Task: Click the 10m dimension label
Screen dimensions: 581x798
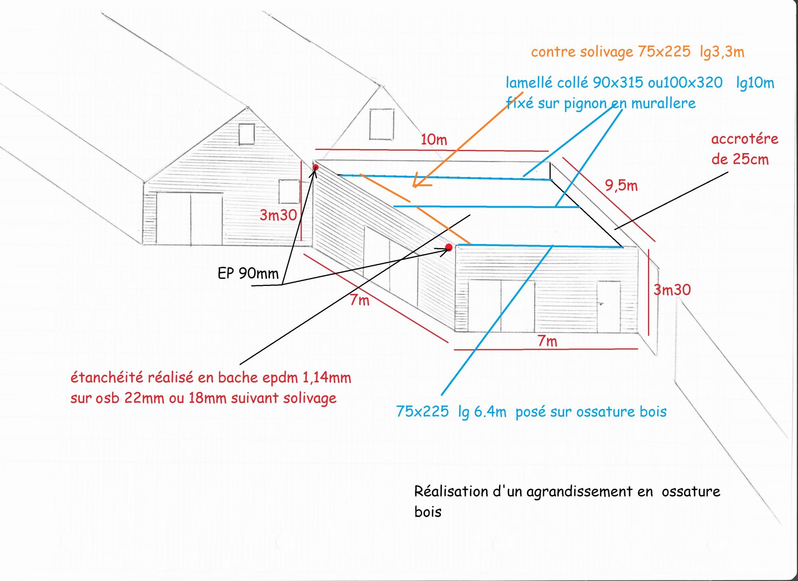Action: click(434, 140)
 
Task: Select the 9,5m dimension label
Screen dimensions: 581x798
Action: click(621, 185)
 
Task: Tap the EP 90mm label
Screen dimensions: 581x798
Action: click(248, 274)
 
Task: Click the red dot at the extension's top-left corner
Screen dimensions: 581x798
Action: click(315, 167)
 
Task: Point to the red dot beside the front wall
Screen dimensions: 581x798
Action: click(449, 248)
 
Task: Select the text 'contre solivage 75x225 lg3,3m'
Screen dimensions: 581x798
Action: click(637, 52)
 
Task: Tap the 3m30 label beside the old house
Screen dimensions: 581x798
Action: click(278, 215)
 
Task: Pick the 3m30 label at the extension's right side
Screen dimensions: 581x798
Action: click(672, 290)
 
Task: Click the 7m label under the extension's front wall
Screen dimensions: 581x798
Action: click(547, 341)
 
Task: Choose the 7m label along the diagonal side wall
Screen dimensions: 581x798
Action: click(359, 300)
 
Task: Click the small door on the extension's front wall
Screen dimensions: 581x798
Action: click(609, 306)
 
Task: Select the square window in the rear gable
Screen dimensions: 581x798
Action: click(381, 124)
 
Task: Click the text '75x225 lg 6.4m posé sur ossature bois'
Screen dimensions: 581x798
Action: click(531, 412)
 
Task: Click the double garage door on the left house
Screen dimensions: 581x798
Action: click(190, 218)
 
